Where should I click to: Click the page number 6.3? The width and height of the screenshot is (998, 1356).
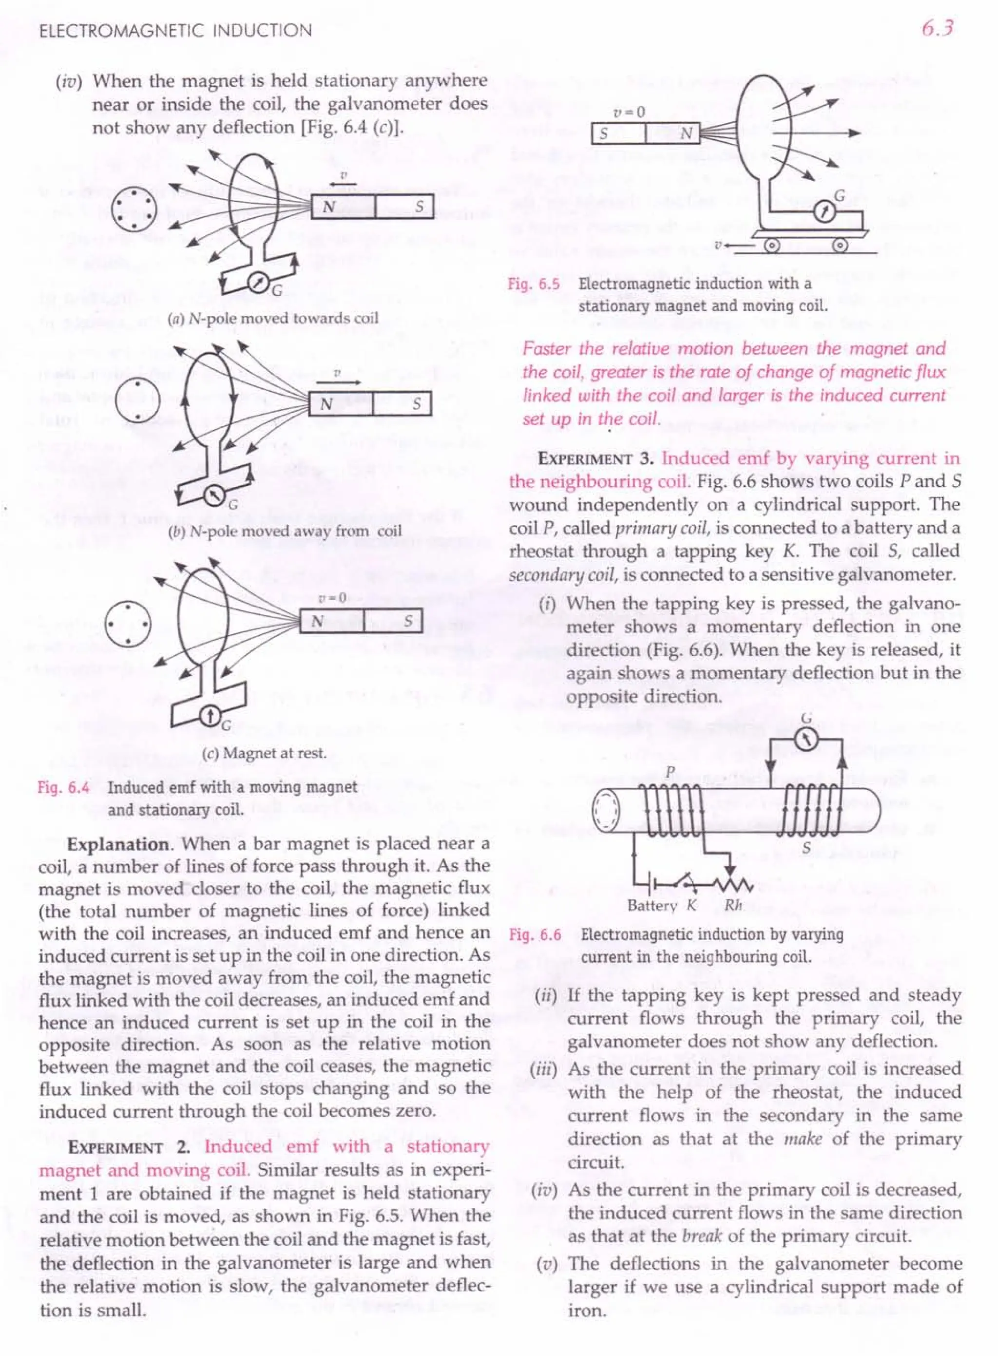937,28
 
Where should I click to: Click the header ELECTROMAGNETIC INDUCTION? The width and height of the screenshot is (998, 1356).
175,30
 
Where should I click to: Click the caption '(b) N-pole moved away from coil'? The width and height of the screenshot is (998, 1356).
285,532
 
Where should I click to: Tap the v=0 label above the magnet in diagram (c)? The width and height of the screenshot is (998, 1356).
332,598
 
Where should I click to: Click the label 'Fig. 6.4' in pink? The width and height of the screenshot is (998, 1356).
63,787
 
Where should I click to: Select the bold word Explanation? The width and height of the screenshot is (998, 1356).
118,844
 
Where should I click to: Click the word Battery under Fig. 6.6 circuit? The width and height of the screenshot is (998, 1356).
652,905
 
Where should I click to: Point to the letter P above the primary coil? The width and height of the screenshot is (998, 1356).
670,772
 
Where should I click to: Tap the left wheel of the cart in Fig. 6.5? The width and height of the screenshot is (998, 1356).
773,246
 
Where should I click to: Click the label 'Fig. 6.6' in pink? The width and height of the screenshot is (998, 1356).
535,935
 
